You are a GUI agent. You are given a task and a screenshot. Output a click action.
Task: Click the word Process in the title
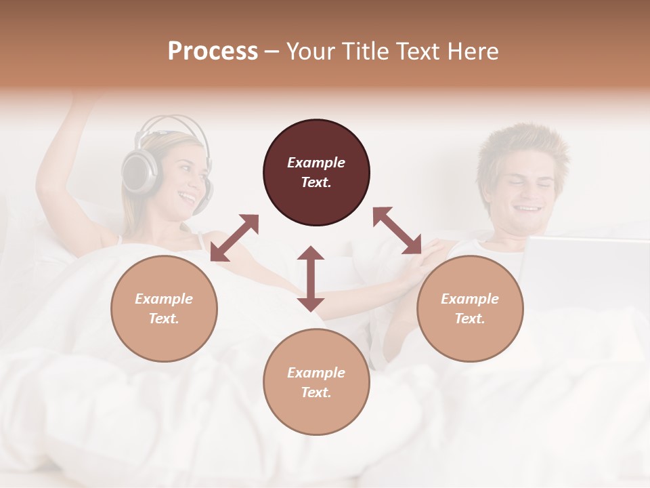[x=213, y=52]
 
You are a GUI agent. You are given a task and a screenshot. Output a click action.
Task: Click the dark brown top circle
[x=316, y=172]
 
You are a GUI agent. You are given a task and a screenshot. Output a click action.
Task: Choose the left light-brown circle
[x=164, y=308]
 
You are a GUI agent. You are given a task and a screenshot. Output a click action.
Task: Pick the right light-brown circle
[x=470, y=308]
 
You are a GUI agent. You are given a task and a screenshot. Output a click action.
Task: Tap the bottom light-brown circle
[x=316, y=382]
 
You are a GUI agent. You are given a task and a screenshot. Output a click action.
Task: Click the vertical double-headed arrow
[x=311, y=279]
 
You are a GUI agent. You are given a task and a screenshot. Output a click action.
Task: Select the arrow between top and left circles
[x=234, y=238]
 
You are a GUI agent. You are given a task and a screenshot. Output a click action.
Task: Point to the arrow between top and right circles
[x=397, y=230]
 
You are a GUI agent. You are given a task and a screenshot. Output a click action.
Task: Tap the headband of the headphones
[x=169, y=122]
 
